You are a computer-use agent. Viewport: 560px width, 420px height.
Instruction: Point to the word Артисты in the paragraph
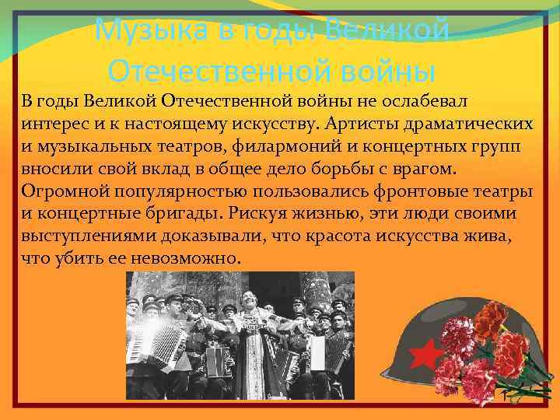(x=355, y=124)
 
